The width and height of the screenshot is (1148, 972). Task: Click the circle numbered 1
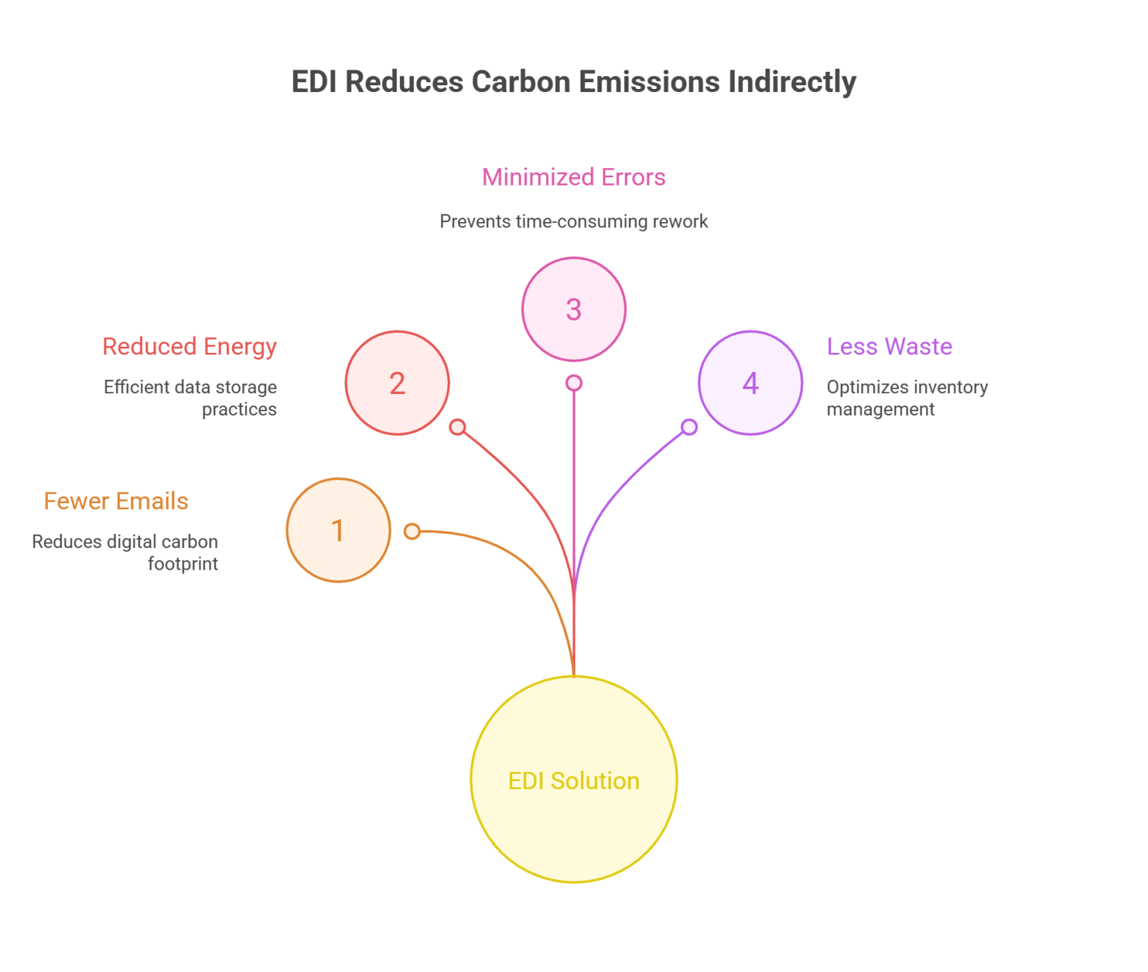338,530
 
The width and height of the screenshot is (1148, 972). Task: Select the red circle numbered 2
397,383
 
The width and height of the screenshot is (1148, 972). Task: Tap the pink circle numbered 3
573,309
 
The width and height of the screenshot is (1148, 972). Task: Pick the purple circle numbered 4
750,383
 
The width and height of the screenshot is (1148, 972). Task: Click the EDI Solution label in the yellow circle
573,781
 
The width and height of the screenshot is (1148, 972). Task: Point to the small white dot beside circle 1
412,531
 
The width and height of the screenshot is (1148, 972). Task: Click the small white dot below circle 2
457,427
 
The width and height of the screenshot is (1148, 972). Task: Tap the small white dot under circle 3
573,383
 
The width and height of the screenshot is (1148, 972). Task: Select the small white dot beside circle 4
689,427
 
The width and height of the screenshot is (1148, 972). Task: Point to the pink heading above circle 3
573,182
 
